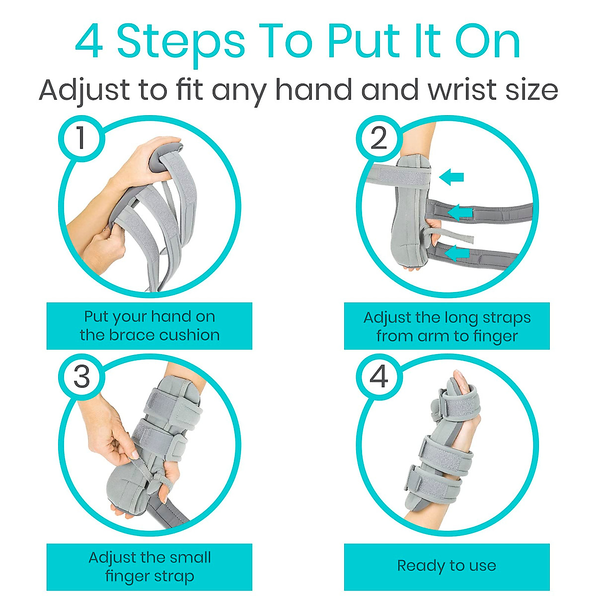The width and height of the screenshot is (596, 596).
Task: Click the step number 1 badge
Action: click(81, 138)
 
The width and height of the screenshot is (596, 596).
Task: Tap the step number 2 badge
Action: click(378, 138)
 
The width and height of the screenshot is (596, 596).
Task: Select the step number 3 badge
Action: click(81, 376)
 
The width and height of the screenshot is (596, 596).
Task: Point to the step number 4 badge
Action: click(378, 376)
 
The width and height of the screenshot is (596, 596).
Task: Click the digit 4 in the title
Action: click(89, 42)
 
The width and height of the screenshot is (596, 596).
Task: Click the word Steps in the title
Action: click(181, 42)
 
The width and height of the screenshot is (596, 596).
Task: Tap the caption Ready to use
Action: click(447, 566)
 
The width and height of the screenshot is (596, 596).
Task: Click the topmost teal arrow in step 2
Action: click(452, 176)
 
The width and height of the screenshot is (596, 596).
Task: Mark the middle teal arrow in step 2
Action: click(460, 213)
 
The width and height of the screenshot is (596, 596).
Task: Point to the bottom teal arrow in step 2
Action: click(457, 253)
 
